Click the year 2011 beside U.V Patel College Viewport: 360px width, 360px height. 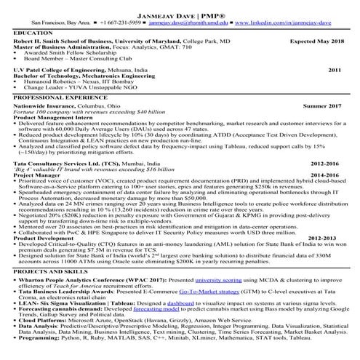pyautogui.click(x=335, y=70)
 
